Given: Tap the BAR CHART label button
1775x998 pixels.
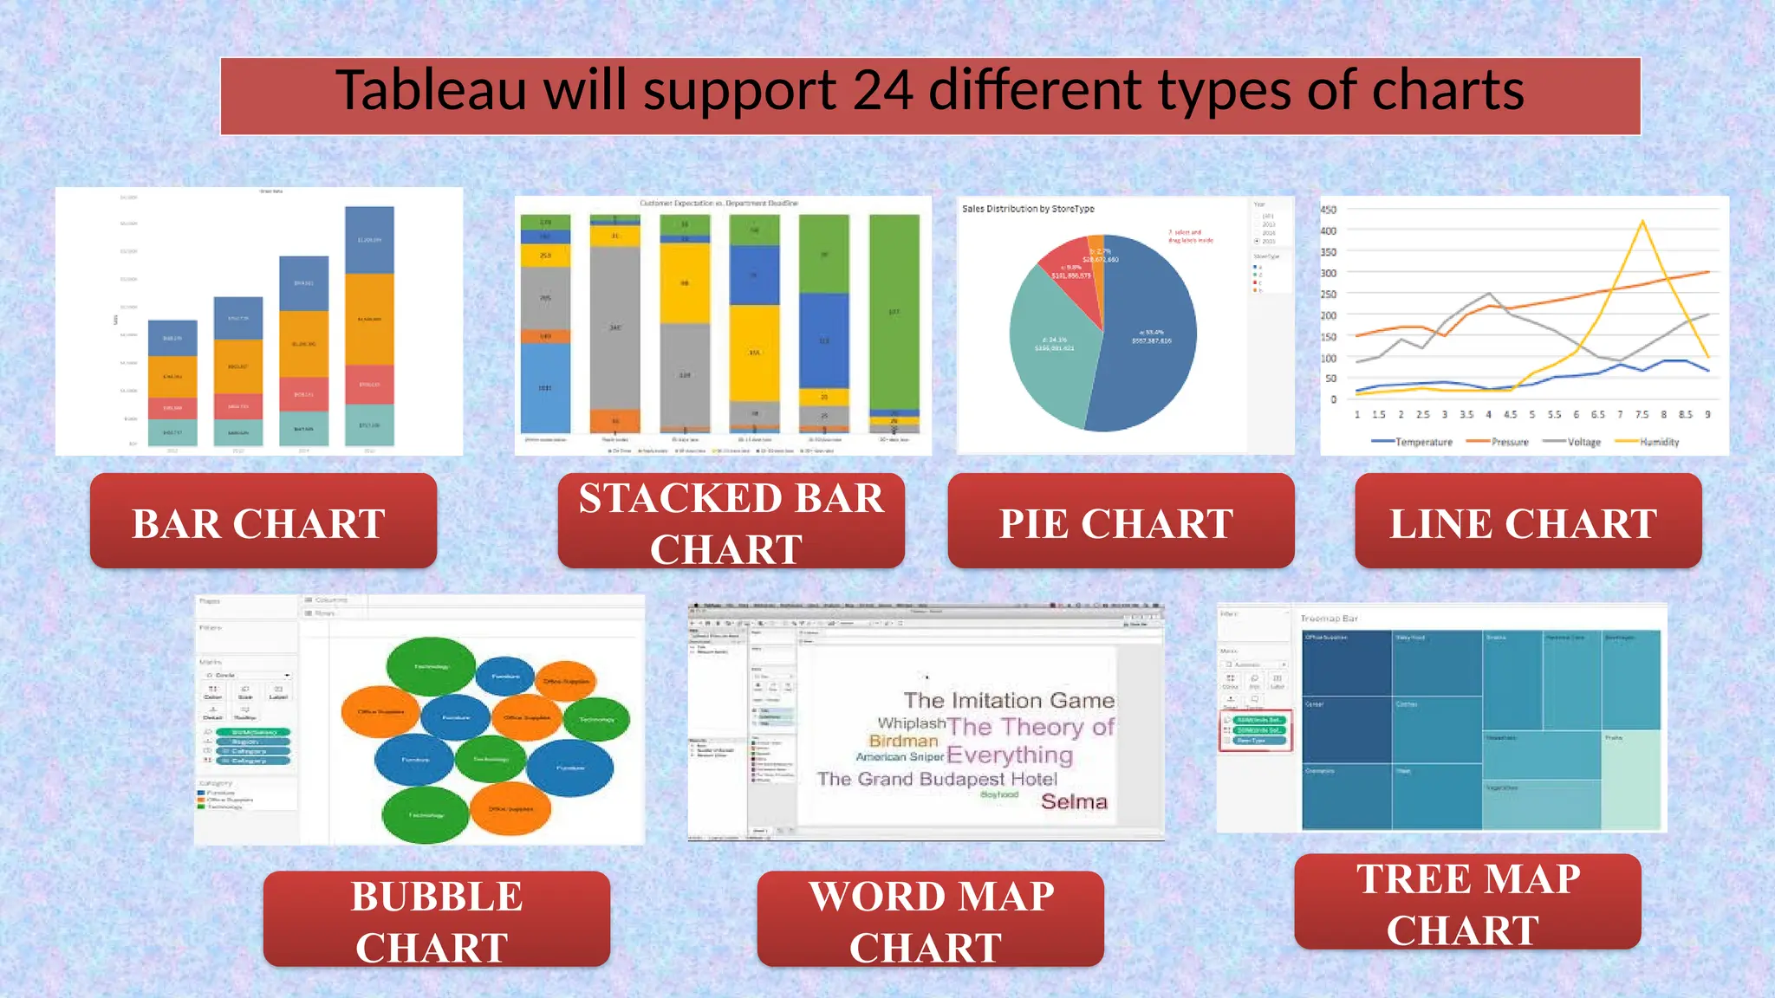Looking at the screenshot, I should [x=263, y=522].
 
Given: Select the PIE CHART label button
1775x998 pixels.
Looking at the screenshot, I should [x=1120, y=522].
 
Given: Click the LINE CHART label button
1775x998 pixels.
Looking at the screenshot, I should [x=1527, y=522].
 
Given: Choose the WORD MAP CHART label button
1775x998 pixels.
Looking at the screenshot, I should [x=930, y=920].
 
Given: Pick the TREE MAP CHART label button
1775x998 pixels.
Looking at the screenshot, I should [x=1466, y=903].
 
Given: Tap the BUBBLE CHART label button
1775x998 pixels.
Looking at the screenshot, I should [x=436, y=920].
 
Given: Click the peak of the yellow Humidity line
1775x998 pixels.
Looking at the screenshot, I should [x=1642, y=224].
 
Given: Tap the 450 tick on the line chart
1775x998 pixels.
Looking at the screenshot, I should [x=1328, y=210].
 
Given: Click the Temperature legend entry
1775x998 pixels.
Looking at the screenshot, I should [x=1412, y=442].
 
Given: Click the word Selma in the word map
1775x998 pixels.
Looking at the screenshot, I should [x=1074, y=801].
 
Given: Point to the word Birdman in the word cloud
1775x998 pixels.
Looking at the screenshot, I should [x=903, y=741].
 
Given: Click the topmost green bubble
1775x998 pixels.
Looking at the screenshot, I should [x=430, y=665].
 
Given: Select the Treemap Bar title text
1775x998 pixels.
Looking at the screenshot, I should [x=1329, y=619].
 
